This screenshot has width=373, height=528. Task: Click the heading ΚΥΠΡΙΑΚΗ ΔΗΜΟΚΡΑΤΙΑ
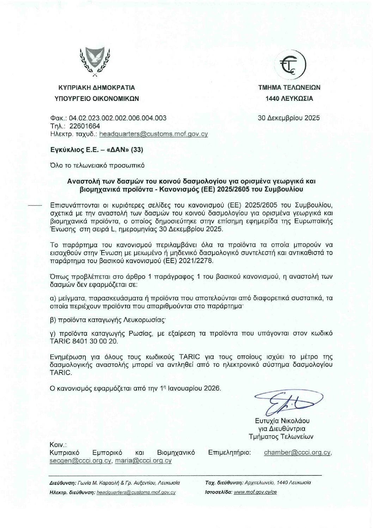[x=97, y=87]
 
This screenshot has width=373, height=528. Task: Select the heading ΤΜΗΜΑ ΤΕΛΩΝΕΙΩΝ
[x=289, y=87]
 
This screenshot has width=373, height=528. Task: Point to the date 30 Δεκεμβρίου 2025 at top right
[x=289, y=118]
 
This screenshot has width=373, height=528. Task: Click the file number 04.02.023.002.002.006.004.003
[x=117, y=118]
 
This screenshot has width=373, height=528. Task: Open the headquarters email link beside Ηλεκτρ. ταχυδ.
[x=154, y=134]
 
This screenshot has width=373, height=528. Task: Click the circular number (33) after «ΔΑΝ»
[x=137, y=150]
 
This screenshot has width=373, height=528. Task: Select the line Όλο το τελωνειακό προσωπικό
[x=97, y=165]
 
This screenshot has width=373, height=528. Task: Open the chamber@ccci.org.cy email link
[x=297, y=453]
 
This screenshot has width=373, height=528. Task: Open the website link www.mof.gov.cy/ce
[x=255, y=492]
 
